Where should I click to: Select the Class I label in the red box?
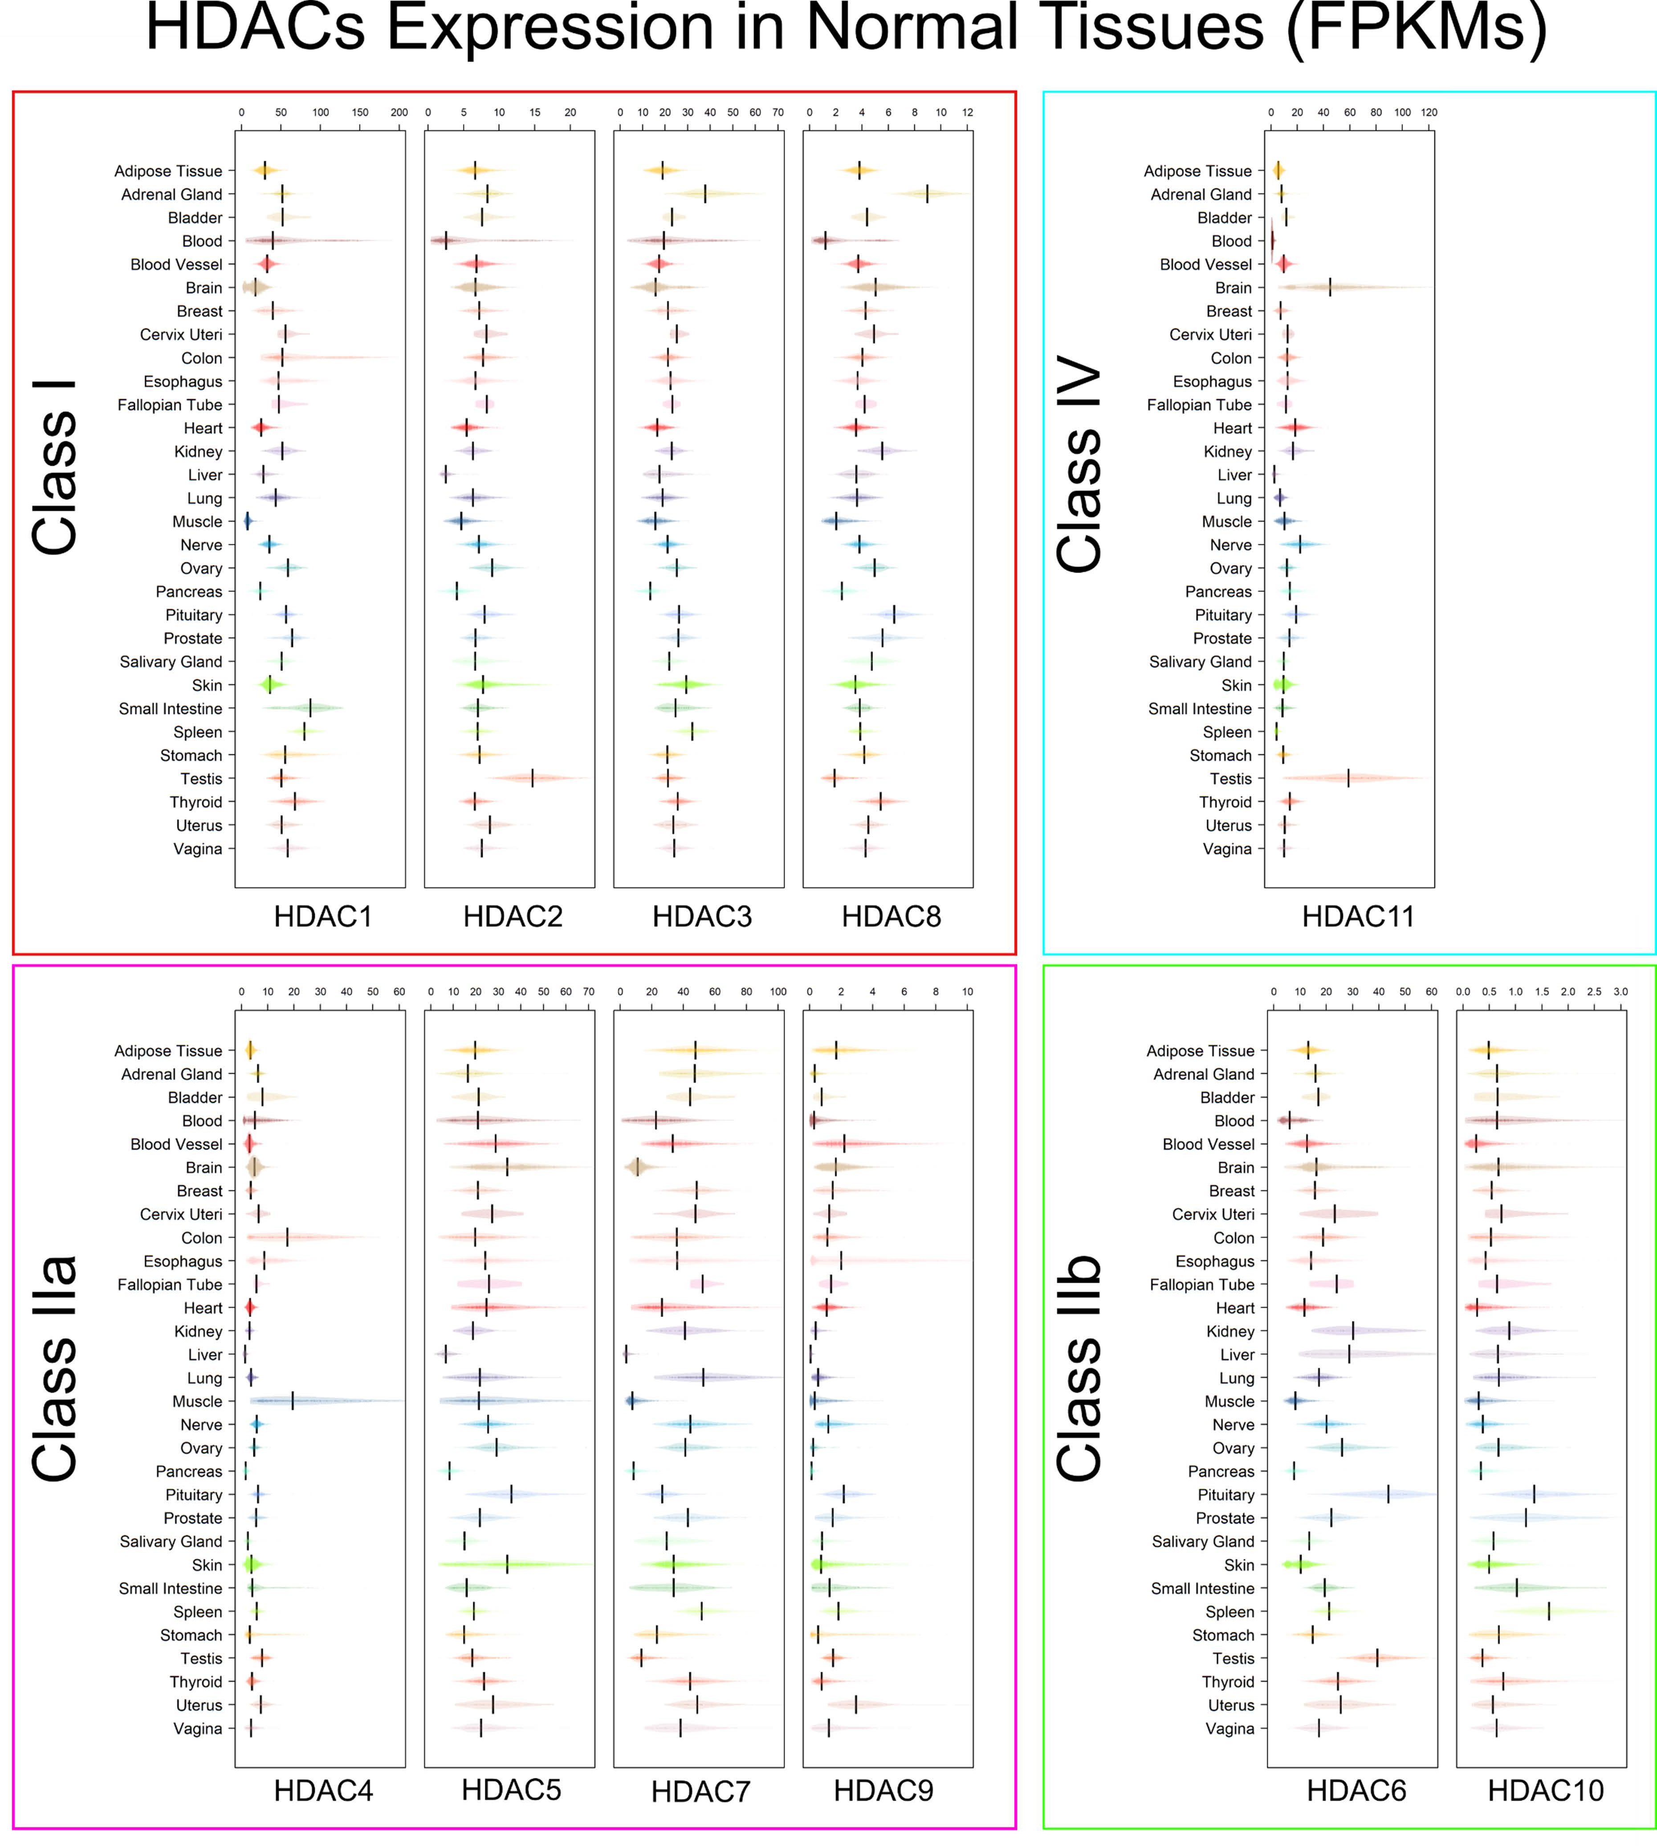click(x=55, y=466)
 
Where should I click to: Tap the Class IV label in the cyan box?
click(x=1081, y=466)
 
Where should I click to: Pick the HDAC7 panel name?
click(x=700, y=1791)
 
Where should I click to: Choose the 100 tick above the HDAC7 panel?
click(x=778, y=991)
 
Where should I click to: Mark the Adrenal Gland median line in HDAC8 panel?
click(x=927, y=194)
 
